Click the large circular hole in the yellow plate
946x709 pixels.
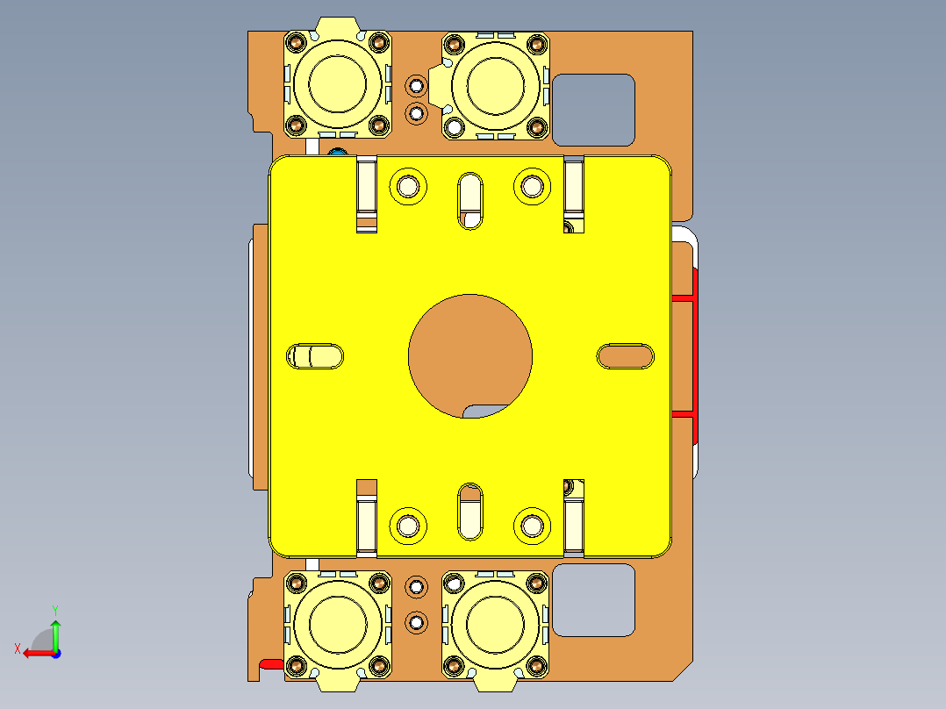click(469, 354)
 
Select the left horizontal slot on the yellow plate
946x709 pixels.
click(316, 356)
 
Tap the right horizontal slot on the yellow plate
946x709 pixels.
click(625, 355)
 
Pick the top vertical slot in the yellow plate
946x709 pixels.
click(470, 201)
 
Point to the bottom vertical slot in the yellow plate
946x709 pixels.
click(470, 510)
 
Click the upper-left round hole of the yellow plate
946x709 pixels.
click(408, 186)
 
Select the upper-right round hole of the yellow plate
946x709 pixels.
click(532, 186)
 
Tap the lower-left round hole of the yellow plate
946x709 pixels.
click(408, 525)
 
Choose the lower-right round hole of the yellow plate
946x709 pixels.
click(532, 525)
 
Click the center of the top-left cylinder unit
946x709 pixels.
click(338, 84)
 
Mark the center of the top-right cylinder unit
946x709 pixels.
click(495, 84)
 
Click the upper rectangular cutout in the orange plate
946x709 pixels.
click(592, 110)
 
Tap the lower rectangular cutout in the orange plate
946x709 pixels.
click(592, 600)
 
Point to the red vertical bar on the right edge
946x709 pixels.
click(694, 355)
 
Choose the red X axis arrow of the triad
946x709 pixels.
click(35, 653)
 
